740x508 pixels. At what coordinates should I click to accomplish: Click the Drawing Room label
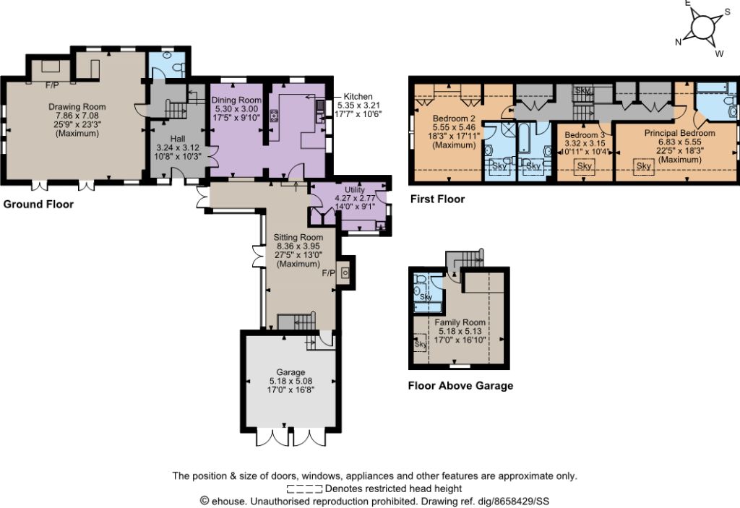pyautogui.click(x=77, y=107)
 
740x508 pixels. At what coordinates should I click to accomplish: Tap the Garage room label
pyautogui.click(x=291, y=372)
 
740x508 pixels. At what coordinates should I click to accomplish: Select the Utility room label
pyautogui.click(x=354, y=190)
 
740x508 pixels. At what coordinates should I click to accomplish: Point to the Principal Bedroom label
pyautogui.click(x=679, y=133)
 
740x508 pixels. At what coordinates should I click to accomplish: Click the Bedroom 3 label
pyautogui.click(x=585, y=135)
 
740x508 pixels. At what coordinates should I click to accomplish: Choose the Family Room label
pyautogui.click(x=460, y=322)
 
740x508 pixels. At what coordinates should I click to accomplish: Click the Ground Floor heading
pyautogui.click(x=38, y=205)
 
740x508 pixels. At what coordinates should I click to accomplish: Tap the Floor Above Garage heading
pyautogui.click(x=460, y=386)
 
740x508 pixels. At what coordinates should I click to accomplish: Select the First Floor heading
pyautogui.click(x=437, y=199)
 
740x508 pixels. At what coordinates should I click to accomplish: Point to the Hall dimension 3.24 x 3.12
pyautogui.click(x=178, y=147)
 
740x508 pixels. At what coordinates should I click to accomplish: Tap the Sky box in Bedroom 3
pyautogui.click(x=584, y=166)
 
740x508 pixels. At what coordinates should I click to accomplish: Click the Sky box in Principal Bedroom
pyautogui.click(x=644, y=166)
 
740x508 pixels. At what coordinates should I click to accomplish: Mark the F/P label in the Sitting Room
pyautogui.click(x=329, y=273)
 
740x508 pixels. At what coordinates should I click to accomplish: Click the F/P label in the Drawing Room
pyautogui.click(x=52, y=85)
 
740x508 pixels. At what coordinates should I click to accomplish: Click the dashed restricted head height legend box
pyautogui.click(x=304, y=489)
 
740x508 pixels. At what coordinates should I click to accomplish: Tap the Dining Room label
pyautogui.click(x=236, y=100)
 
